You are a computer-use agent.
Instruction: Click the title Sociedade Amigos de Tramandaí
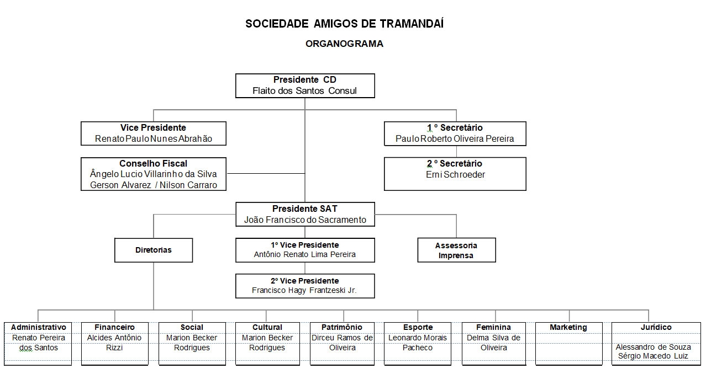coord(345,24)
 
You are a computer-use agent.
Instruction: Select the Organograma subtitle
coord(344,44)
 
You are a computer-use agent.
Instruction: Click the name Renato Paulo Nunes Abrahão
coord(154,138)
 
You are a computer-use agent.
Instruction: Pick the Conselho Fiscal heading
coord(153,163)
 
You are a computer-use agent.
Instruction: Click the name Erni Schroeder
coord(455,174)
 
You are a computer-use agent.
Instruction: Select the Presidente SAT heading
coord(305,209)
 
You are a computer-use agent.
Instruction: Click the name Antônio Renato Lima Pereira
coord(305,254)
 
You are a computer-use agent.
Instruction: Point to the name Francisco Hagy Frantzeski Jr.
coord(304,290)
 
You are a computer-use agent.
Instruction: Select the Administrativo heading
coord(39,327)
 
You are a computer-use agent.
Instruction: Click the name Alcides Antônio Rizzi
coord(114,343)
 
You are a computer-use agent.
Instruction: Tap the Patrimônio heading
coord(342,327)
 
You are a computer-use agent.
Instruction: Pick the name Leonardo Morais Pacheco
coord(418,343)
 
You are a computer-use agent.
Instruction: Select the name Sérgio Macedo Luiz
coord(653,356)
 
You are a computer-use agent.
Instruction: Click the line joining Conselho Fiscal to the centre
coord(266,173)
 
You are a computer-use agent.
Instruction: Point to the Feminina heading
coord(493,327)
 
